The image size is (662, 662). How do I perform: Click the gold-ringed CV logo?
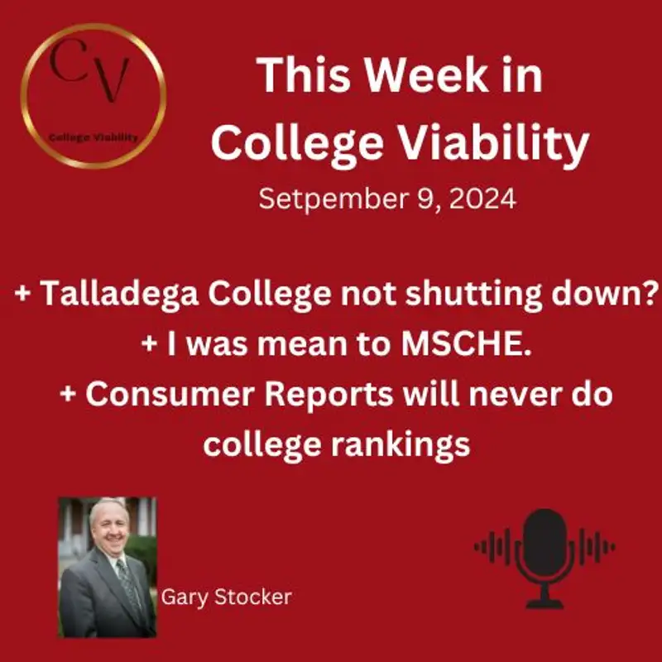coord(94,96)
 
